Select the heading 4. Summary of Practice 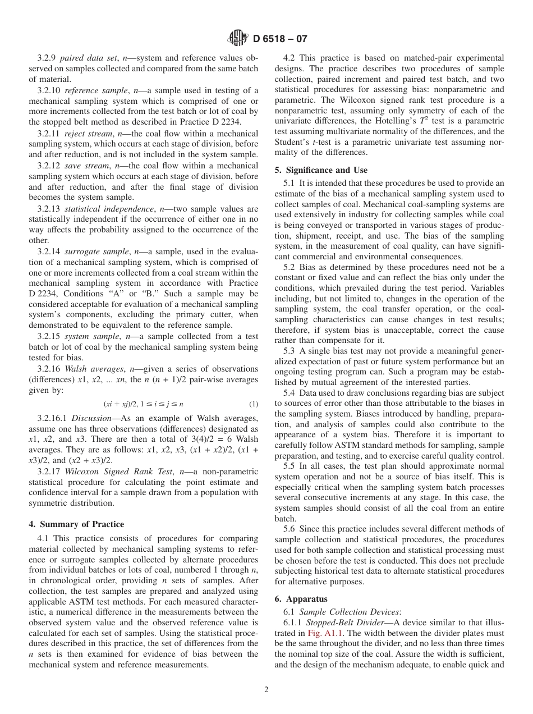76,524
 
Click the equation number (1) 254,404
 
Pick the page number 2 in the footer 266,690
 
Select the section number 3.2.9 47,58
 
